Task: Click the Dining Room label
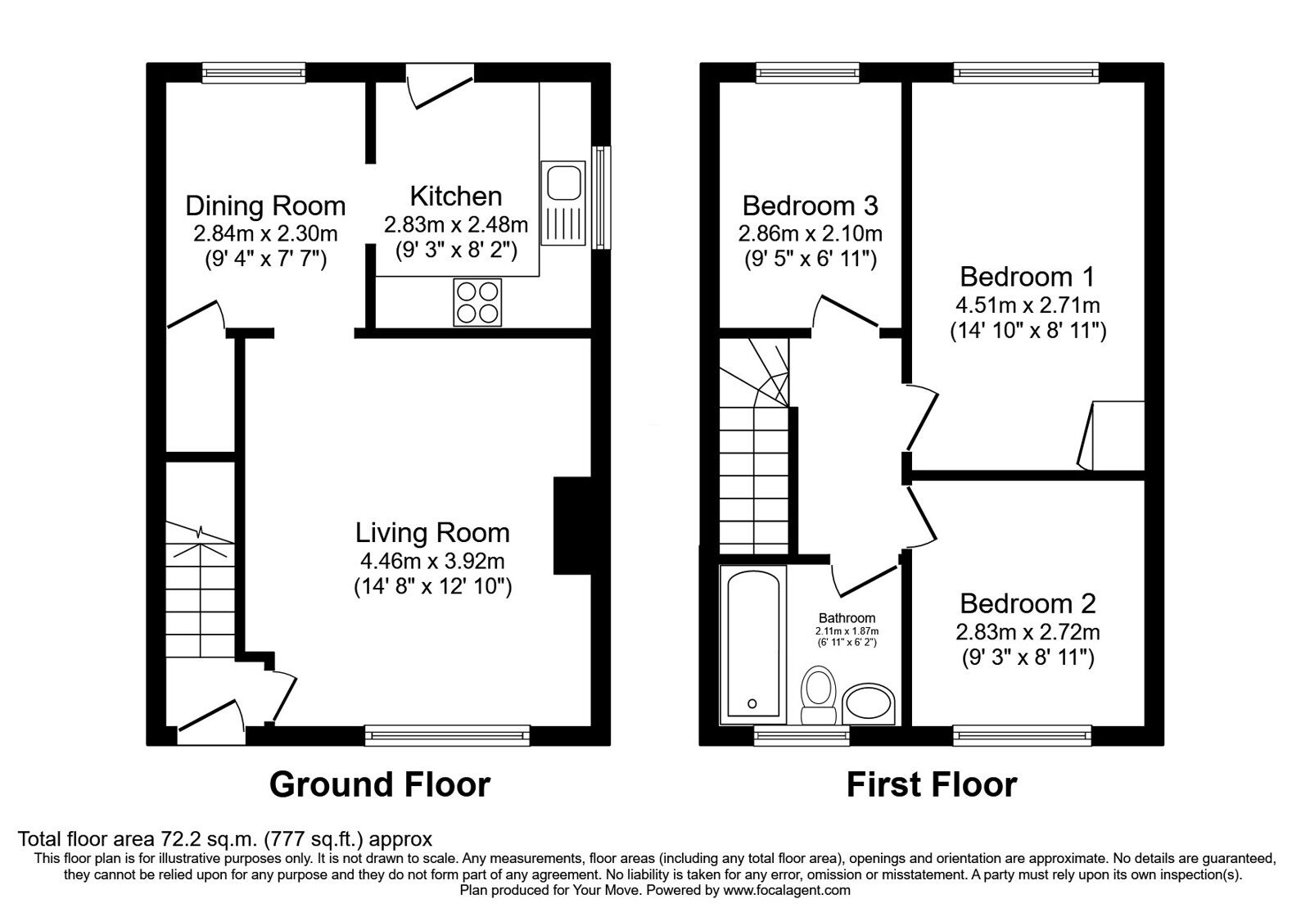[265, 206]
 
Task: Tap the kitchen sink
[563, 203]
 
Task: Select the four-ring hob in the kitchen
[477, 302]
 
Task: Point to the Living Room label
[433, 533]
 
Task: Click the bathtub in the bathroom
[753, 644]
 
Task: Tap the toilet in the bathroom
[818, 695]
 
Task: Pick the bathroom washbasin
[869, 704]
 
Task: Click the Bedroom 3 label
[811, 206]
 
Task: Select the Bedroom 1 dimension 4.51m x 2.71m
[1028, 305]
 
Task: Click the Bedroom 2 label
[1028, 603]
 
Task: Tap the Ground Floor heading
[380, 785]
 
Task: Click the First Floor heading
[932, 785]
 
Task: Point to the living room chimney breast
[572, 526]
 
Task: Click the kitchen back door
[440, 86]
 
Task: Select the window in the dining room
[255, 73]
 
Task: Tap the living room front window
[447, 735]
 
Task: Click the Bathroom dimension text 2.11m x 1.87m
[847, 631]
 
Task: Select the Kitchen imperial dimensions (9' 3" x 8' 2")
[456, 251]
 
